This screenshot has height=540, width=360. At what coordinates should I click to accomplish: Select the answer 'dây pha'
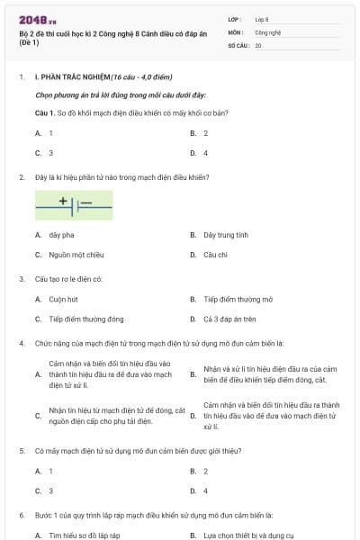[60, 235]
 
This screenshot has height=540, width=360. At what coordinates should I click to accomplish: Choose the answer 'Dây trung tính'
[225, 235]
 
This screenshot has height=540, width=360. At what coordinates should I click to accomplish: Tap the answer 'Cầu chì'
[215, 255]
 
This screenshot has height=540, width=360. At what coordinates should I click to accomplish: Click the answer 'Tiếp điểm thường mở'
[238, 299]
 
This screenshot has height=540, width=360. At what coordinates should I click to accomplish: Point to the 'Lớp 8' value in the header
[262, 19]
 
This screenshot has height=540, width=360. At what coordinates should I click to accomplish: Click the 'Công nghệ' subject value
[267, 31]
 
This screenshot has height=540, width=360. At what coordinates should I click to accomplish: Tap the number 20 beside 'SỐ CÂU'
[258, 44]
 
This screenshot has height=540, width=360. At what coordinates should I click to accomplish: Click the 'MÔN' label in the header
[236, 31]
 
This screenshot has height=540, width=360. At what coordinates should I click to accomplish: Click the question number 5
[21, 450]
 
